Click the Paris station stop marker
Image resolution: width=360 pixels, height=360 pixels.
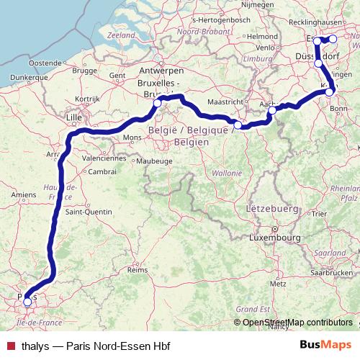28,302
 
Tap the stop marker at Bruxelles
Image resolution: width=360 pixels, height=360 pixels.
157,104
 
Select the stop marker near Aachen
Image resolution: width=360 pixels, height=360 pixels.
272,111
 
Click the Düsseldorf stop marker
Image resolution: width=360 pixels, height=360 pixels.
319,63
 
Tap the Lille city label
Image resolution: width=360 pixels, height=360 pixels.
74,114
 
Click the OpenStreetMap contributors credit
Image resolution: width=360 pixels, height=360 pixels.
297,323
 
